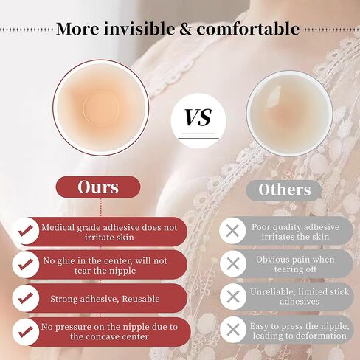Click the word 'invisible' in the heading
tap(139, 29)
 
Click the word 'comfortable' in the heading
tap(248, 29)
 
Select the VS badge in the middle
tap(198, 121)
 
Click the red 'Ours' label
tap(98, 187)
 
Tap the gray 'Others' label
tap(284, 190)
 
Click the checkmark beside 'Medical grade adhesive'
tap(25, 231)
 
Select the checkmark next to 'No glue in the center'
tap(25, 264)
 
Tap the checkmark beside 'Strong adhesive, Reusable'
tap(25, 298)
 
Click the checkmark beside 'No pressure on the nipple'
tap(25, 331)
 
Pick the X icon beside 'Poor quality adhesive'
tap(232, 231)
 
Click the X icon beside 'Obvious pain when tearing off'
tap(232, 264)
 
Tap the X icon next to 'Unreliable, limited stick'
tap(232, 297)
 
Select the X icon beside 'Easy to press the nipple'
tap(233, 330)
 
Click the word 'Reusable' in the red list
tap(141, 299)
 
